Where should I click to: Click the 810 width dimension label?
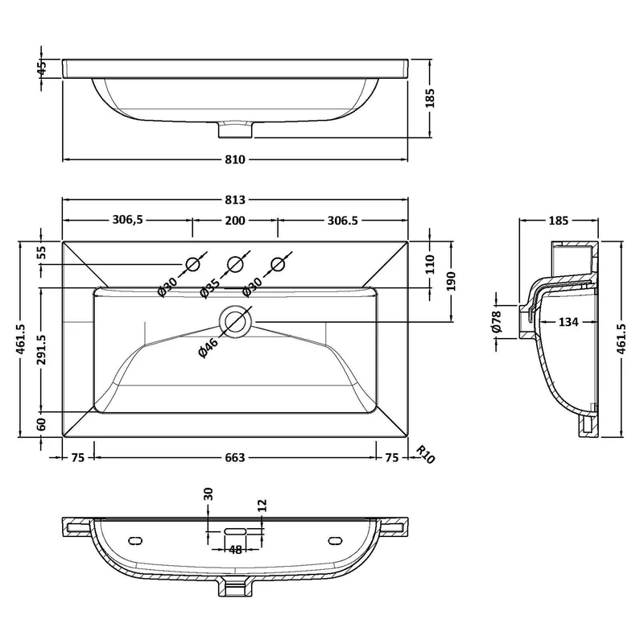[x=235, y=159]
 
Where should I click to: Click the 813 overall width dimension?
[x=235, y=200]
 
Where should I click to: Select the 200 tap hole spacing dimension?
[x=235, y=221]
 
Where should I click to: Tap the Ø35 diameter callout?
[x=210, y=287]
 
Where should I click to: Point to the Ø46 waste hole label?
[x=208, y=347]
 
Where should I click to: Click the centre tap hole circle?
[x=235, y=265]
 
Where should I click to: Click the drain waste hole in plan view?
[x=235, y=321]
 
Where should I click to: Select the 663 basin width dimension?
[x=235, y=457]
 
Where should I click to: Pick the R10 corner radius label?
[x=425, y=455]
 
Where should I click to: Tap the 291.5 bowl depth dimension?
[x=42, y=349]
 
